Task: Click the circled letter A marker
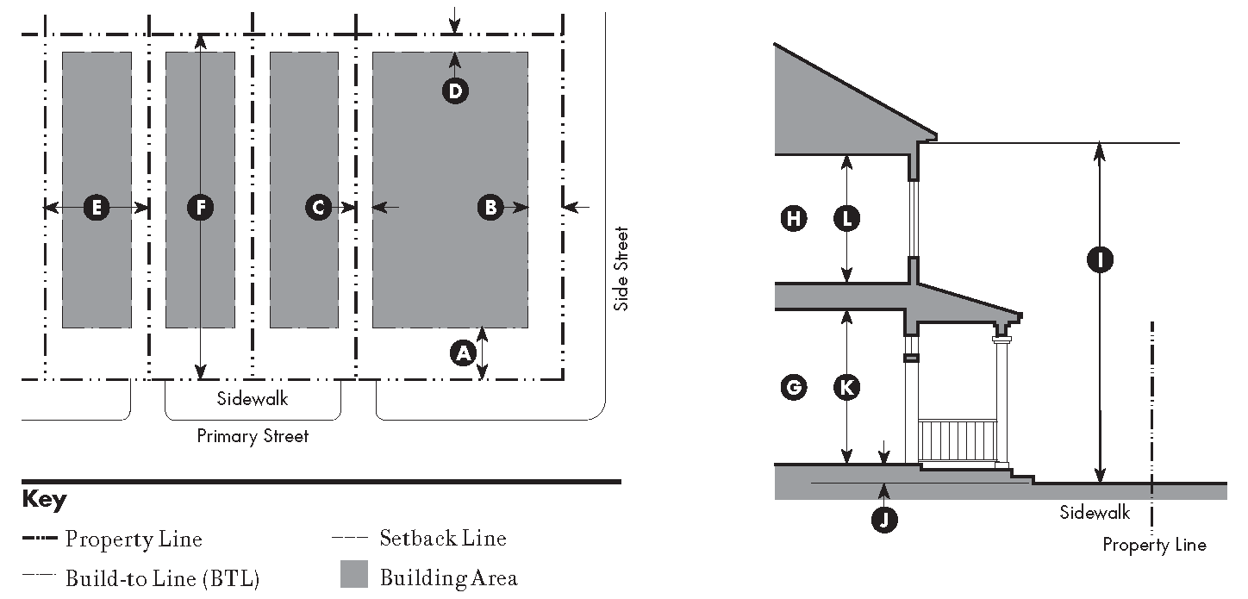coord(464,353)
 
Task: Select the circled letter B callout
coord(490,207)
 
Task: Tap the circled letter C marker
coord(318,207)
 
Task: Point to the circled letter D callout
coord(455,90)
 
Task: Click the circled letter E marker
coord(97,207)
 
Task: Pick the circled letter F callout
coord(200,207)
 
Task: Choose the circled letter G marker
coord(792,388)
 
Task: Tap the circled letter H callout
coord(792,219)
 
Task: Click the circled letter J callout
coord(882,518)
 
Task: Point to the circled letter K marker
coord(847,388)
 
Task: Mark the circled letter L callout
coord(847,219)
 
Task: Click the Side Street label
coord(621,268)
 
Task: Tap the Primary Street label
coord(253,436)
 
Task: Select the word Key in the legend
coord(43,500)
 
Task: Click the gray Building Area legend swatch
coord(353,574)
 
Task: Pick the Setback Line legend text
coord(443,540)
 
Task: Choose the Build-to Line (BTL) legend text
coord(162,578)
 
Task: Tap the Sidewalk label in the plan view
coord(253,399)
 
